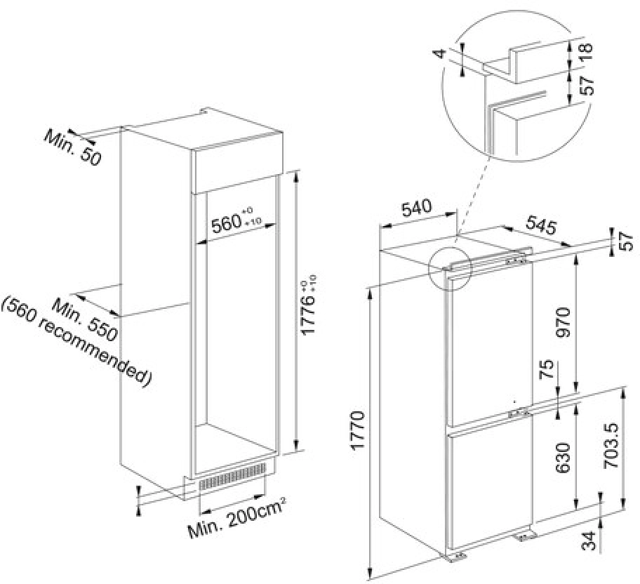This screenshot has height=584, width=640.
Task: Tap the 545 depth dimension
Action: pyautogui.click(x=540, y=227)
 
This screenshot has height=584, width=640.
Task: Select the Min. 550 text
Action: pyautogui.click(x=87, y=317)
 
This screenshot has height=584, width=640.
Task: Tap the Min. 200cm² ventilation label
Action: pyautogui.click(x=236, y=520)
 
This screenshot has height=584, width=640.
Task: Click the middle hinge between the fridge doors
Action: pyautogui.click(x=519, y=412)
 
